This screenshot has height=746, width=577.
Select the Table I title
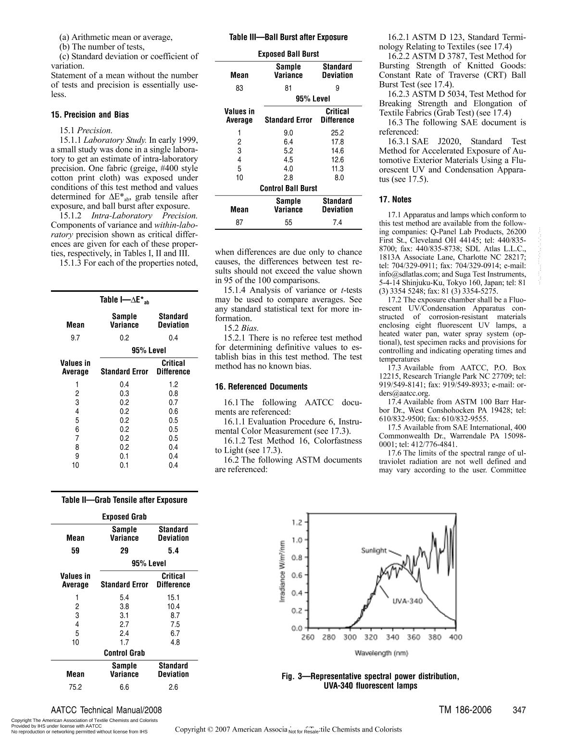point(124,300)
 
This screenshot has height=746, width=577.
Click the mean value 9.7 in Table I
point(75,338)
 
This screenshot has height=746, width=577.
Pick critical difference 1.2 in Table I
point(173,385)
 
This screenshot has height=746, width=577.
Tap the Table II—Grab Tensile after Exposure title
point(124,500)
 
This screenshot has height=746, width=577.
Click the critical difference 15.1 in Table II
point(173,597)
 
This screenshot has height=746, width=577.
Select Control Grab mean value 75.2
point(75,687)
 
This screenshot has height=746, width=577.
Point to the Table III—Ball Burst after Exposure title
point(288,37)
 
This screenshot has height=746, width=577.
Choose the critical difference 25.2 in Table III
point(338,133)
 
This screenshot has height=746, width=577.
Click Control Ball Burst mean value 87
point(239,223)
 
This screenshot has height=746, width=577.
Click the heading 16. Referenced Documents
point(261,387)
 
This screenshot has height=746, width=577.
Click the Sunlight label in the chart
point(374,550)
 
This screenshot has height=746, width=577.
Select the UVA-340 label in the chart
point(407,601)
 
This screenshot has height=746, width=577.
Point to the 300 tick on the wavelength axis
point(350,637)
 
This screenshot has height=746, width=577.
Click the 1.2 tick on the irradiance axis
point(297,522)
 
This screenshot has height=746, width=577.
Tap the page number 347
point(519,710)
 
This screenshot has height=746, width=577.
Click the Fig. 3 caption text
point(370,681)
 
